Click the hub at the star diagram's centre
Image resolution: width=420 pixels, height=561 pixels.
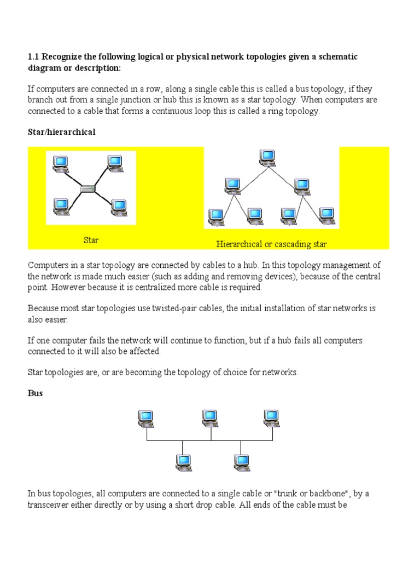pos(87,189)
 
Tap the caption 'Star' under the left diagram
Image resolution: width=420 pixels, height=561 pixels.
pos(91,240)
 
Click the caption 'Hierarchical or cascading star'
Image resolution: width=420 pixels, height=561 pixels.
pos(271,244)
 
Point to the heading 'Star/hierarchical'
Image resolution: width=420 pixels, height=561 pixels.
pos(61,133)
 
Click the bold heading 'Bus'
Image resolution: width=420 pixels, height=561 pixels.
pos(35,393)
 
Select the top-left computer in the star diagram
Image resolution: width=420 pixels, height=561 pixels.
pos(60,163)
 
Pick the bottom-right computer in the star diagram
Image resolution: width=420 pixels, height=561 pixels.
pos(119,207)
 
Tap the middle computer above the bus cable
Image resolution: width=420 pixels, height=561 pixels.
pos(210,419)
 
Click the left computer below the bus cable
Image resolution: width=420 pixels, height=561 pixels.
pos(183,462)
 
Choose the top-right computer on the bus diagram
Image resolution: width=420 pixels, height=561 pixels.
pos(272,419)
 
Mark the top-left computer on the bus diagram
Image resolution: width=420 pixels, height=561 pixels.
pos(146,419)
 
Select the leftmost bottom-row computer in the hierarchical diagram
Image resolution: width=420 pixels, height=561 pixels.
pos(216,216)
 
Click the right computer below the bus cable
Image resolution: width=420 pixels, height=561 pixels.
pos(241,462)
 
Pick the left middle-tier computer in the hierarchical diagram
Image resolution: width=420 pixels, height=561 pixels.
pos(233,185)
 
